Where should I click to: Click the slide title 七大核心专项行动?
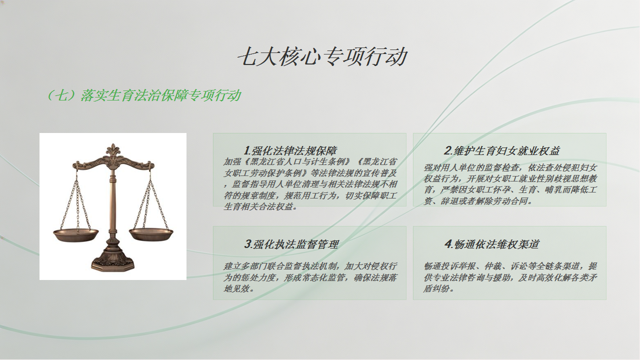pos(322,57)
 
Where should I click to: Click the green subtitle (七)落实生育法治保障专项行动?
pos(143,95)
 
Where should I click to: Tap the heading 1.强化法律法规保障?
pos(290,150)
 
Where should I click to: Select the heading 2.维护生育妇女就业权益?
pos(501,150)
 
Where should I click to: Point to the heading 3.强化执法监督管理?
pos(291,244)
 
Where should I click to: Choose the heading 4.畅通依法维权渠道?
pos(492,244)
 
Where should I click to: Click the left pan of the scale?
pos(76,235)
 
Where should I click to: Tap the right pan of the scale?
pos(151,234)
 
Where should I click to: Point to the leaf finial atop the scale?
pos(113,150)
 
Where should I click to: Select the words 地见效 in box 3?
pos(236,289)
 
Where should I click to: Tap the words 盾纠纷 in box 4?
pos(436,289)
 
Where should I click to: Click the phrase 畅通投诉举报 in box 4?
pos(449,266)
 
